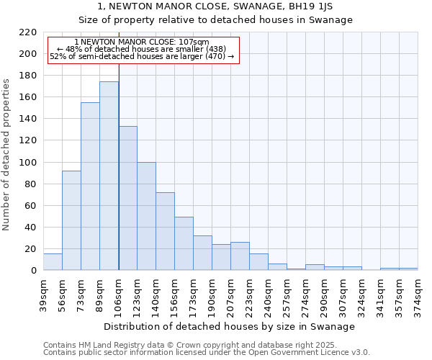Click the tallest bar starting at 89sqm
click(x=109, y=176)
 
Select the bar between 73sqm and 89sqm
click(x=90, y=186)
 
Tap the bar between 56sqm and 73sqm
click(x=71, y=220)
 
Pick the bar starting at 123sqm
click(x=146, y=216)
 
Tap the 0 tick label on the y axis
click(x=33, y=271)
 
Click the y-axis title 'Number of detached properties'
click(x=7, y=155)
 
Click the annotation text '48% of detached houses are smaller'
click(x=141, y=50)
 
